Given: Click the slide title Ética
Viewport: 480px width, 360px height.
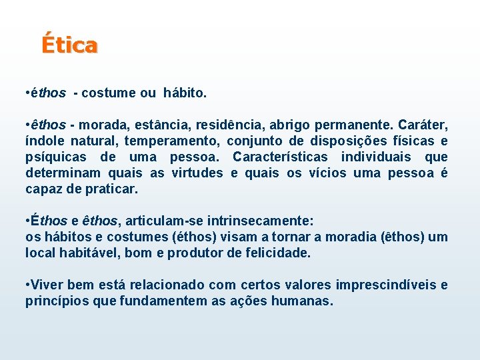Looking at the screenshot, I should [x=69, y=45].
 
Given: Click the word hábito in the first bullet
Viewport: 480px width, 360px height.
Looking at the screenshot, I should [x=185, y=93].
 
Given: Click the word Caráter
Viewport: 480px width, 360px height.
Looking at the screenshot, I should [x=423, y=125].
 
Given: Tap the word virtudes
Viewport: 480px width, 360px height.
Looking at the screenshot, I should [x=197, y=173].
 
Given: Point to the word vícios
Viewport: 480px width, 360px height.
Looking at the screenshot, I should [x=327, y=173].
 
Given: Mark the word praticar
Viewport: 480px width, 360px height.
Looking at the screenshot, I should [x=111, y=189].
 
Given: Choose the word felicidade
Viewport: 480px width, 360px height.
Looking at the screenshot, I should [x=275, y=253].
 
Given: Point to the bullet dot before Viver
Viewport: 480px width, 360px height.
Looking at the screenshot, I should [x=27, y=285].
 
